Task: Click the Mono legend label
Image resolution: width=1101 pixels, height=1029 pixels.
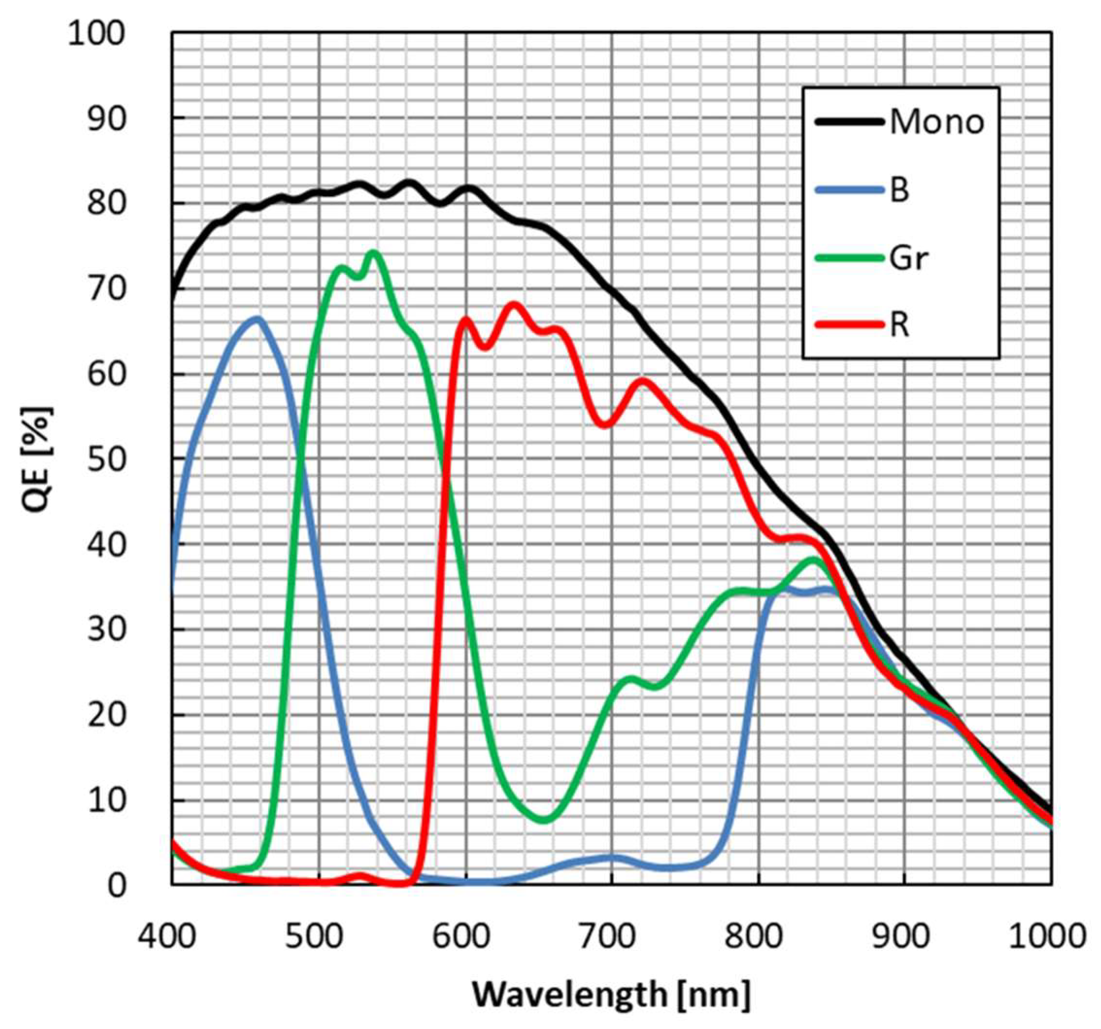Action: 937,122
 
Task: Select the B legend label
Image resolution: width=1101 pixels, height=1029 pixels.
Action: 900,190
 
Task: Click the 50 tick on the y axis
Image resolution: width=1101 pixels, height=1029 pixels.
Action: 105,460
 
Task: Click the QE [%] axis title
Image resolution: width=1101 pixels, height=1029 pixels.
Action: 38,459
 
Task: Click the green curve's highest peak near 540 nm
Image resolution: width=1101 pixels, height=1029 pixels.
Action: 373,254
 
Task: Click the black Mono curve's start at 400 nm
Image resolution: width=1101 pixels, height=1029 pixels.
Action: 173,299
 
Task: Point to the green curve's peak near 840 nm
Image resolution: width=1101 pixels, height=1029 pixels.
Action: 814,560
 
